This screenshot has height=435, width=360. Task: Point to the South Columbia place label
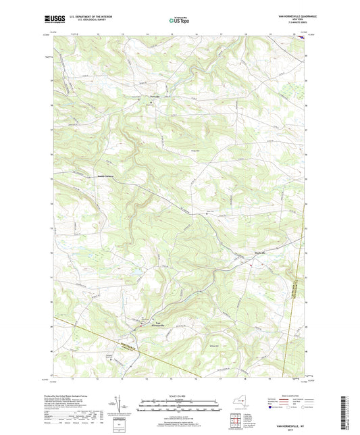[x=104, y=177]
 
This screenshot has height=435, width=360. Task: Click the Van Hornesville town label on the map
[x=156, y=324]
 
